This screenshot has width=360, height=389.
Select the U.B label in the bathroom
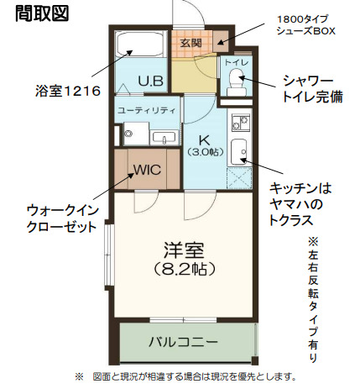151,81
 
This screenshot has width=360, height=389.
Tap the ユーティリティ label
146,110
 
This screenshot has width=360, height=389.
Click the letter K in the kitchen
203,139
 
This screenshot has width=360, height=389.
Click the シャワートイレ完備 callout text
313,87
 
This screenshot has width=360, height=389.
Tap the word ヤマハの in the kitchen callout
298,204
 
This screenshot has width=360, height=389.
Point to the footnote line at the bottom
185,376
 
